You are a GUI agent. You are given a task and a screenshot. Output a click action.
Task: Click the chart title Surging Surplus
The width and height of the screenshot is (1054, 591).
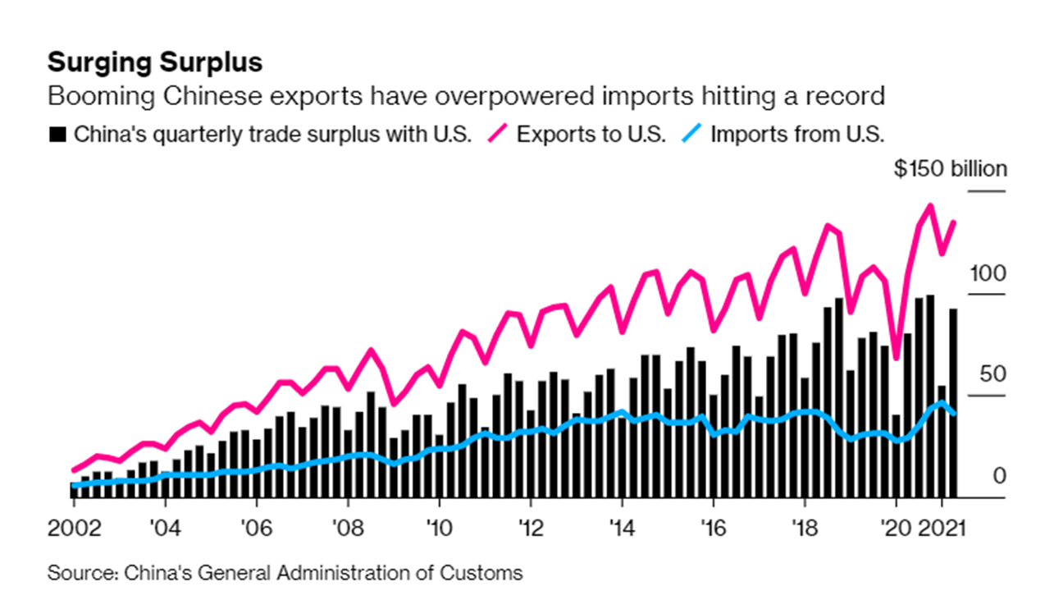[x=155, y=62]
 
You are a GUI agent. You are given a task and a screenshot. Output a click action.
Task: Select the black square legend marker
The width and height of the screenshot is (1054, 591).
[x=57, y=135]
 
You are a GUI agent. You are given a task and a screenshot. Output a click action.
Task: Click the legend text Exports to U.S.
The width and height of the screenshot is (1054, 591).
[x=591, y=135]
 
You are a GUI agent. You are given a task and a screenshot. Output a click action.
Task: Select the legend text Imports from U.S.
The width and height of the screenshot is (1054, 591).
[x=797, y=135]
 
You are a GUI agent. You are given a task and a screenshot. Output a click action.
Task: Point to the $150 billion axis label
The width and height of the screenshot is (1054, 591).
[x=950, y=170]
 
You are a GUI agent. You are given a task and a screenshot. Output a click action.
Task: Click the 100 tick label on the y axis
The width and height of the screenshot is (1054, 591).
[x=987, y=274]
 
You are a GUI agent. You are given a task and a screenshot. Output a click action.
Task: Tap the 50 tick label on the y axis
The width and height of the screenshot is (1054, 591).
[x=993, y=375]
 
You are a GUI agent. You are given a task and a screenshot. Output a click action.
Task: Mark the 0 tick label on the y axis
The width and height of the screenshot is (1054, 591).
[x=998, y=476]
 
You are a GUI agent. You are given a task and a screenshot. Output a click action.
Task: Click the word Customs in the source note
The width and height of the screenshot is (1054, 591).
[x=485, y=571]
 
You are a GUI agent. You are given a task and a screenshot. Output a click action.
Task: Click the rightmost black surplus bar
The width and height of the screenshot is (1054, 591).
[x=952, y=402]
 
